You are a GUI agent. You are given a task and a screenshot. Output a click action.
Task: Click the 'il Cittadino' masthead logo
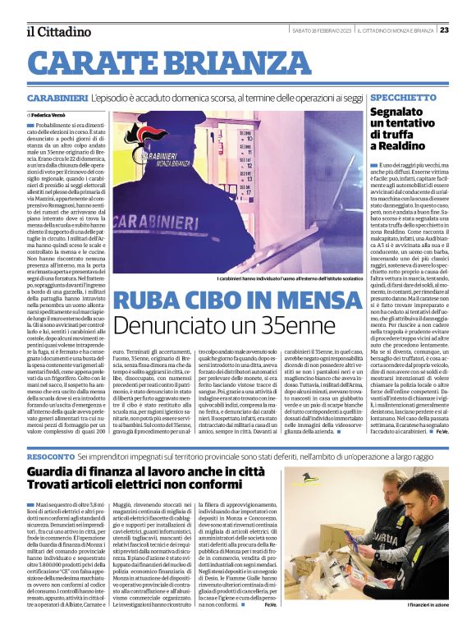[x=57, y=31]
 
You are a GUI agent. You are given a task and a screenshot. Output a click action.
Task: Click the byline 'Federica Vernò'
[x=50, y=116]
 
